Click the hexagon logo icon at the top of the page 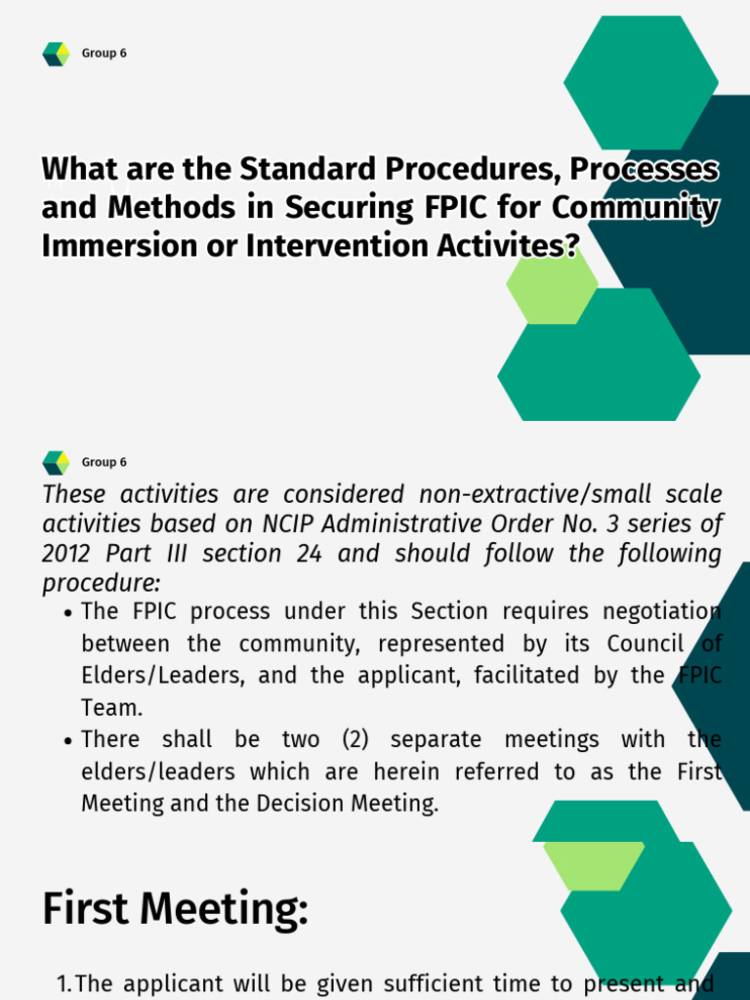(x=56, y=54)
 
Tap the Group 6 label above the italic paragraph (x=104, y=462)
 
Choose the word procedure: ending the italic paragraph (x=101, y=583)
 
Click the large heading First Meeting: (x=175, y=909)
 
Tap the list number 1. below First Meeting (x=63, y=983)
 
